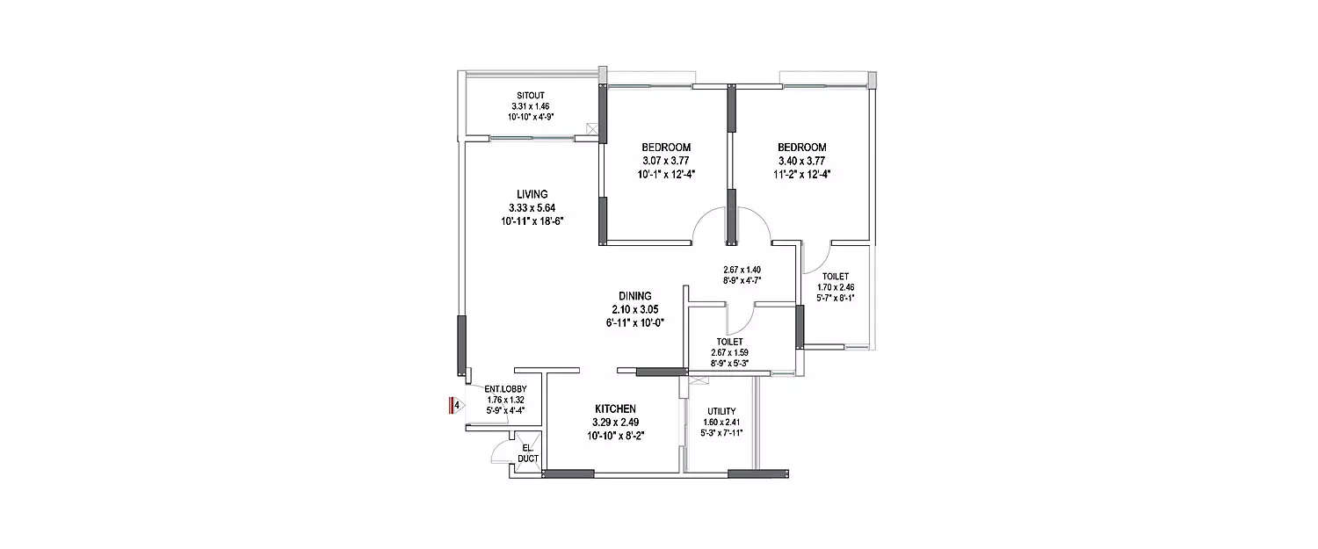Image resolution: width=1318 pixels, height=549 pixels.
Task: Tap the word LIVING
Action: point(532,194)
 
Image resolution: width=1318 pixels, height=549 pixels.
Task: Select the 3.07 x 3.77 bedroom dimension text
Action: point(666,161)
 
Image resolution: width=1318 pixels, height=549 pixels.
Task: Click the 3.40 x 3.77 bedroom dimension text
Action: point(802,161)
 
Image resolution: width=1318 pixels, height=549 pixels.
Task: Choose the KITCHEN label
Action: point(615,409)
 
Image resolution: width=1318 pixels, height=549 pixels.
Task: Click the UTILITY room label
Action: point(722,411)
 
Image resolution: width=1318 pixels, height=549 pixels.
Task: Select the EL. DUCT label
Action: point(527,453)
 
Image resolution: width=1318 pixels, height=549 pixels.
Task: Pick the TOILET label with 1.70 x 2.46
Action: point(836,276)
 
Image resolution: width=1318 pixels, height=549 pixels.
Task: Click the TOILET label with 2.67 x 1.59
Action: point(730,342)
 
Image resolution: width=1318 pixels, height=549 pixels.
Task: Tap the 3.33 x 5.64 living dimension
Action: point(532,207)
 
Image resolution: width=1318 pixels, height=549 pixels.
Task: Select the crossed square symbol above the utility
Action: point(699,379)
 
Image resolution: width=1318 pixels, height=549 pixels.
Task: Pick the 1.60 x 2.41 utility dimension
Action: point(722,423)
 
